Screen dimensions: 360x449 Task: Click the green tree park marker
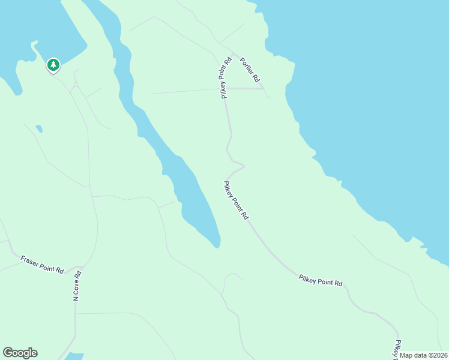click(x=53, y=65)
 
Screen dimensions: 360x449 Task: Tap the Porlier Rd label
click(x=250, y=70)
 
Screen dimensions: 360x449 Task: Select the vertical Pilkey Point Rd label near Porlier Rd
click(x=226, y=77)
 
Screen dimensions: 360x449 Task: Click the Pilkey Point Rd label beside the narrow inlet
click(x=236, y=200)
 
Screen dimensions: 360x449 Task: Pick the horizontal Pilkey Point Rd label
click(x=321, y=279)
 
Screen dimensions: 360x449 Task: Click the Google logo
click(x=20, y=353)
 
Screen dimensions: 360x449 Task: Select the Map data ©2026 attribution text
click(x=423, y=355)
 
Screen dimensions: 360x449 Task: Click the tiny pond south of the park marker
click(x=39, y=128)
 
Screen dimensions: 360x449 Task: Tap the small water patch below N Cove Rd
click(x=74, y=356)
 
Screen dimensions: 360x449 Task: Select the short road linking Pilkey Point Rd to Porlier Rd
click(x=245, y=88)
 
